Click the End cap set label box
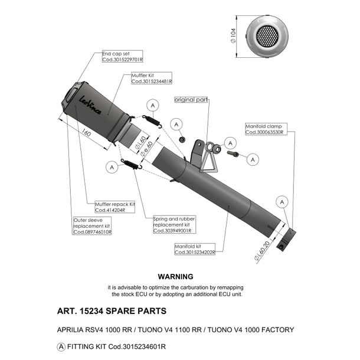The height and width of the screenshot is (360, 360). (122, 57)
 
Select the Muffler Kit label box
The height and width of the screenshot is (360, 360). (152, 78)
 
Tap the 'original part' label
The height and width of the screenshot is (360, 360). (191, 100)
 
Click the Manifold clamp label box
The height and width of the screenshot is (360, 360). (266, 129)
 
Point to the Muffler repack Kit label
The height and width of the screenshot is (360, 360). (115, 207)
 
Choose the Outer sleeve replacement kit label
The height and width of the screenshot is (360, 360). (92, 226)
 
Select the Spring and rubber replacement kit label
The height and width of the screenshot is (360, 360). (175, 224)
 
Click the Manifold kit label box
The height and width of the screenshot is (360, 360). (195, 249)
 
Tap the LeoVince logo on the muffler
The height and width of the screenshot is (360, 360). (90, 105)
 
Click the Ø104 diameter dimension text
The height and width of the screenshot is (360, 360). (233, 36)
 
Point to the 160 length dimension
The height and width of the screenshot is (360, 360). (86, 133)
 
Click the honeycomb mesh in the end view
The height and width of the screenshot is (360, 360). (267, 36)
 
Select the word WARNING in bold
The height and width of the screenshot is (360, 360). (176, 277)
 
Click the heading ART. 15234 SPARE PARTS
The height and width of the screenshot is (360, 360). (112, 311)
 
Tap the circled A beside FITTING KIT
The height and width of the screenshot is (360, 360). (61, 346)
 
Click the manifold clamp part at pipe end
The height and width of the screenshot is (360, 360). (286, 240)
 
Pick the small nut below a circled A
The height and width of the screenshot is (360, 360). (182, 139)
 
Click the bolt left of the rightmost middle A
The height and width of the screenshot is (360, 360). (233, 153)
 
